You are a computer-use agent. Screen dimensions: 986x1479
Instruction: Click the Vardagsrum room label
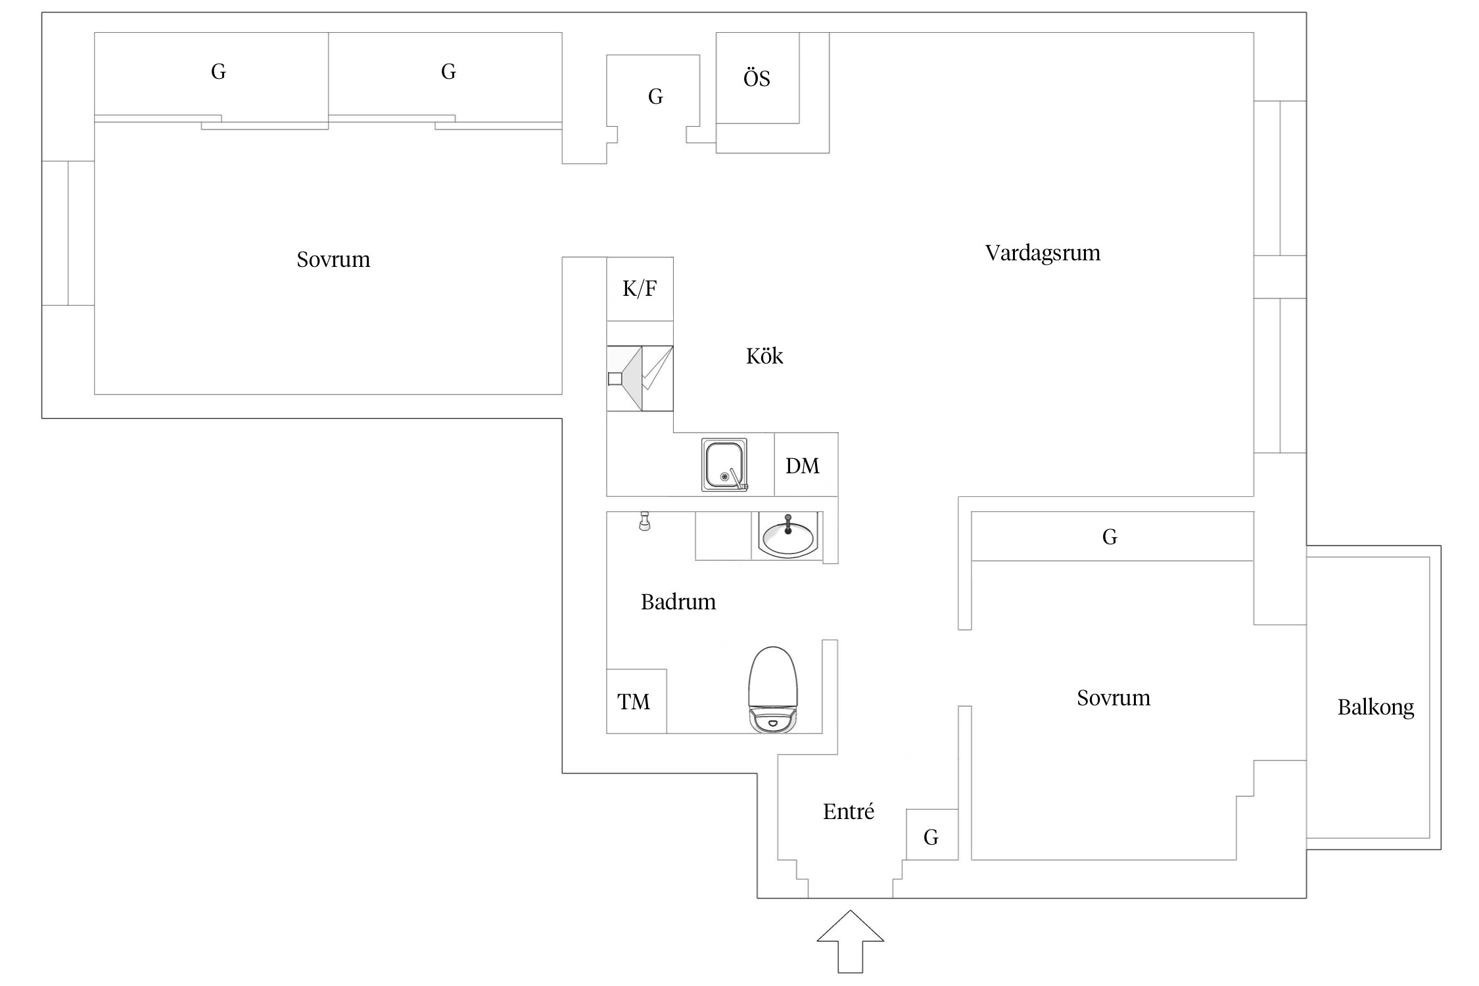click(x=1042, y=253)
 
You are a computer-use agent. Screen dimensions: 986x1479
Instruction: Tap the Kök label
click(x=764, y=356)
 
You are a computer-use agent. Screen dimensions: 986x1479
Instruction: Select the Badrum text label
click(x=678, y=602)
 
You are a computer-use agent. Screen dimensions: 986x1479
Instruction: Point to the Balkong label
click(x=1375, y=708)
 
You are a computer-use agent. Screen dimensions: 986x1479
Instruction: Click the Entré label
click(x=848, y=812)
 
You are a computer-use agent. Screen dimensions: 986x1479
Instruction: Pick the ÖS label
click(x=757, y=79)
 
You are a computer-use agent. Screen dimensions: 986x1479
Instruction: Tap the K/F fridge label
click(x=639, y=289)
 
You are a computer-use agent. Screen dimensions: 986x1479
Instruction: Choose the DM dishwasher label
click(x=803, y=466)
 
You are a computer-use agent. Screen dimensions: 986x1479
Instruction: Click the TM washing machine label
click(x=634, y=702)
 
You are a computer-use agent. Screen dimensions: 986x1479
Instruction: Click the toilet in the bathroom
click(x=773, y=690)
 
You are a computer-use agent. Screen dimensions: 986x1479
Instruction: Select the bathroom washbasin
click(x=787, y=536)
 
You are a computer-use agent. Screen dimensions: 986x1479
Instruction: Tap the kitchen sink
click(x=724, y=465)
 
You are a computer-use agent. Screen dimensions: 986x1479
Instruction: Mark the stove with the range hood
click(x=640, y=378)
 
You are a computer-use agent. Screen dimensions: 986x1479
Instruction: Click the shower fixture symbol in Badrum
click(x=645, y=521)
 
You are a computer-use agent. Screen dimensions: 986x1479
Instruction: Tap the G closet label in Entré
click(x=931, y=837)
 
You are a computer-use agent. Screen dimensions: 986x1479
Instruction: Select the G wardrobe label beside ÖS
click(x=655, y=97)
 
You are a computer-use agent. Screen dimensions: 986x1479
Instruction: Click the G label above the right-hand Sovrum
click(x=1110, y=537)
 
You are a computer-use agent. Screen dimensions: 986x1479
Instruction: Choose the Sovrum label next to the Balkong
click(x=1113, y=698)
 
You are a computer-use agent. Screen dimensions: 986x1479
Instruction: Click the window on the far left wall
click(x=68, y=233)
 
